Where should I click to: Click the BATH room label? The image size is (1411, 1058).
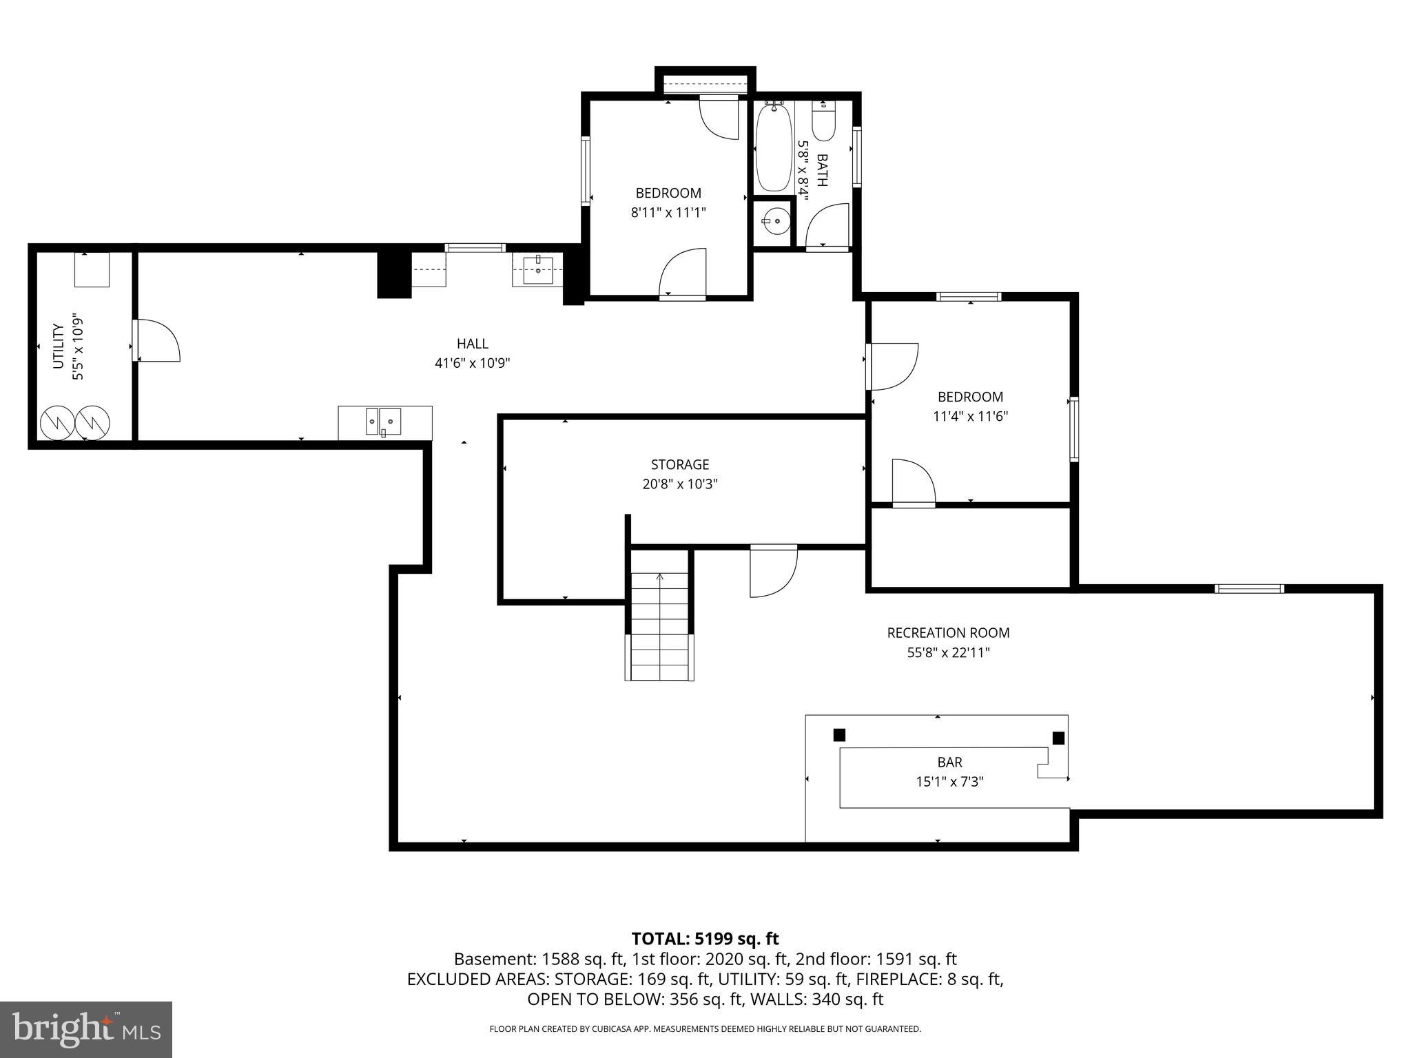tap(821, 170)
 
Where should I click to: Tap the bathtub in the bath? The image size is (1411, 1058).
tap(774, 147)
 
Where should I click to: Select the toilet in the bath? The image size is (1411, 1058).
tap(824, 123)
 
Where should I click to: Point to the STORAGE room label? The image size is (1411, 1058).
tap(679, 464)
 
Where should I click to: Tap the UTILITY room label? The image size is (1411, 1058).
tap(58, 346)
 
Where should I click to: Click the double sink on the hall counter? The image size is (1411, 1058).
tap(384, 420)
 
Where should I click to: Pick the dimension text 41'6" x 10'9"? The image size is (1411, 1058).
tap(472, 363)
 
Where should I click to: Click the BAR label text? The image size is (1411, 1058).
tap(949, 762)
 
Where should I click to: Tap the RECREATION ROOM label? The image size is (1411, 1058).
tap(948, 632)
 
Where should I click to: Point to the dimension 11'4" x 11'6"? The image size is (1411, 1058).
tap(970, 416)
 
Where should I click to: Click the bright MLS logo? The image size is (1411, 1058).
tap(86, 1029)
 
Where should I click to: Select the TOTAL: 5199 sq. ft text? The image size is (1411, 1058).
tap(705, 938)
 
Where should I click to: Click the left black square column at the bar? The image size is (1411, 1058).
tap(838, 735)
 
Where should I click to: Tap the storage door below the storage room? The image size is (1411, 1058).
tap(774, 571)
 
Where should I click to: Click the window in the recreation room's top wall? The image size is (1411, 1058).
tap(1249, 588)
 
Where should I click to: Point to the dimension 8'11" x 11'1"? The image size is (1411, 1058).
tap(668, 213)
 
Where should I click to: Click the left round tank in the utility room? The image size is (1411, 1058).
tap(56, 423)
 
